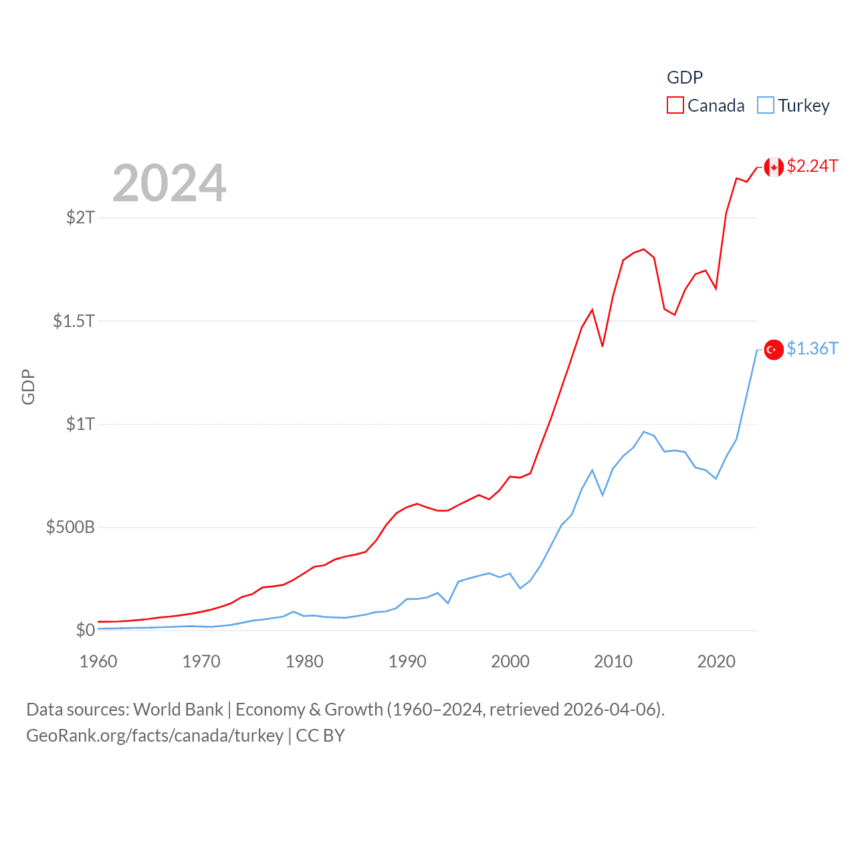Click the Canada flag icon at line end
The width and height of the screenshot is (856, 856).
pos(774,167)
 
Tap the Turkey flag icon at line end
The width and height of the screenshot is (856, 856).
pos(774,350)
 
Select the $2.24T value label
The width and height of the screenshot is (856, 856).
pos(813,166)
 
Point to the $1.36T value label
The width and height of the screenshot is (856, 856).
pos(813,348)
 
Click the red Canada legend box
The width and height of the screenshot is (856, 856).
pos(675,106)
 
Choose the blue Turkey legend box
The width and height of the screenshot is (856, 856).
pos(766,106)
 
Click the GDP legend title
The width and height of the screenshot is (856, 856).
pos(685,78)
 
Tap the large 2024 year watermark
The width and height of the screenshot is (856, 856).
pos(169,183)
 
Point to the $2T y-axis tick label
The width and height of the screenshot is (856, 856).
pos(80,217)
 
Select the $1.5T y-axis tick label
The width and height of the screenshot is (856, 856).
pos(74,321)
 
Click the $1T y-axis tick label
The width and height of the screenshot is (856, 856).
pos(80,424)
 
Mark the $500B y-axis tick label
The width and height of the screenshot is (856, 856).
pos(70,528)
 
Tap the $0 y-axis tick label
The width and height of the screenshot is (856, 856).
pos(85,630)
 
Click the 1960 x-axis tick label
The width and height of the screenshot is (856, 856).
pos(98,661)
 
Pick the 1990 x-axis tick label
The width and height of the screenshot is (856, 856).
pos(407,661)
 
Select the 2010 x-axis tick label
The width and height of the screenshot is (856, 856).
pos(613,661)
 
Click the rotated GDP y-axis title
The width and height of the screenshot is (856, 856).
pos(28,387)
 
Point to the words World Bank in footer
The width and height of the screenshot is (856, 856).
pos(178,710)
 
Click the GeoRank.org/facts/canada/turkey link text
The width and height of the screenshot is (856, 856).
pos(154,736)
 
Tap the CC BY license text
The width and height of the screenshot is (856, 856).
pos(320,736)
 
